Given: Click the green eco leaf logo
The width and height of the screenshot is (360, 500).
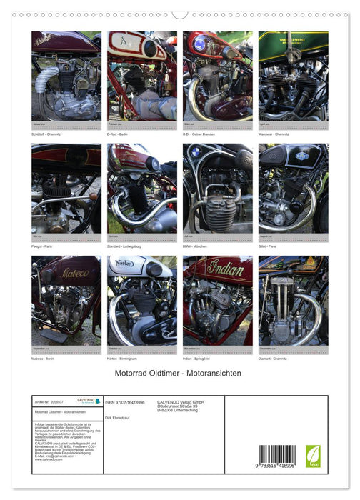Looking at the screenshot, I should [313, 456].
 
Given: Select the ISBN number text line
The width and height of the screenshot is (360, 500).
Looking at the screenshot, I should [125, 403].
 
